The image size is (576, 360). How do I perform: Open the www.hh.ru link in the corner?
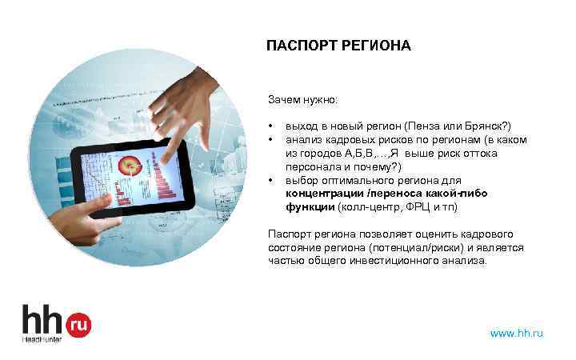[516, 332]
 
